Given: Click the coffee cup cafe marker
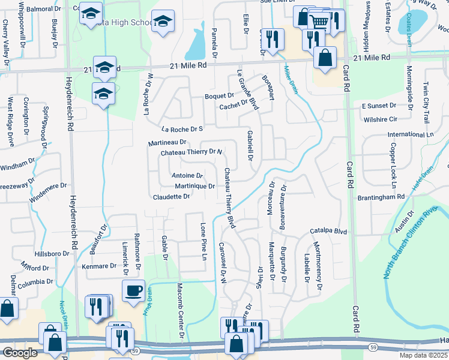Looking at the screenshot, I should coord(133,291).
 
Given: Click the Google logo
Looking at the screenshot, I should coord(20,353).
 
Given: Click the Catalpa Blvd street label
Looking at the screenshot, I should coord(329,230).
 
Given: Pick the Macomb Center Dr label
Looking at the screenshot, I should coord(180,306).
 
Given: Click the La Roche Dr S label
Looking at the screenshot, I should coord(183,129).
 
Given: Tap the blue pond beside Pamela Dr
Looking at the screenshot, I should coord(195,42).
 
